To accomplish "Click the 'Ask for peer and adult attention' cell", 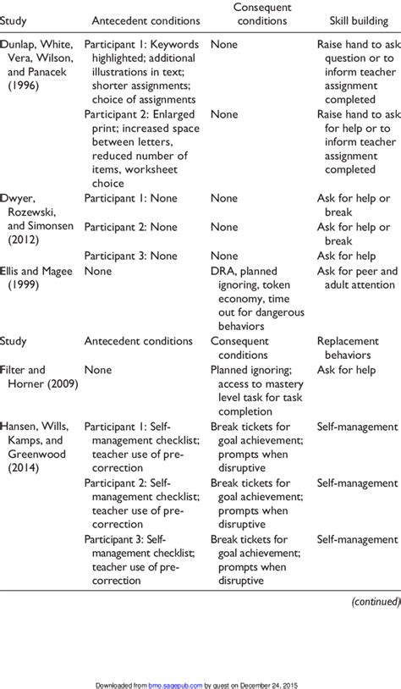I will pyautogui.click(x=357, y=278).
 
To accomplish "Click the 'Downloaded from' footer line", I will pyautogui.click(x=200, y=684).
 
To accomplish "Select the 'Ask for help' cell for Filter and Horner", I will pyautogui.click(x=348, y=369).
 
